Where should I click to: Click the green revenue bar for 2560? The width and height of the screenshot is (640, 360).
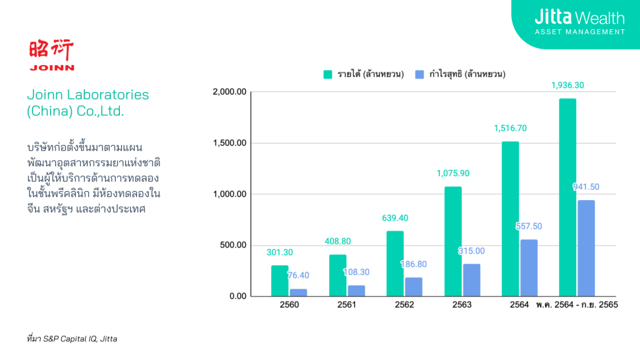[279, 281]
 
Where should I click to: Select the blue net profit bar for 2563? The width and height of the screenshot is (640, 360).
[472, 279]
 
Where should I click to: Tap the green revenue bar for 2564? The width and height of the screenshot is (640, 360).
[510, 219]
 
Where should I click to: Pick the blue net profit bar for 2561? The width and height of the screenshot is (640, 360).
[356, 291]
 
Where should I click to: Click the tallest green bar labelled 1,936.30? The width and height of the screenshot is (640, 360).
[567, 197]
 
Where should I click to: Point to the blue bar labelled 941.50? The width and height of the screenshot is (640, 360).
[586, 248]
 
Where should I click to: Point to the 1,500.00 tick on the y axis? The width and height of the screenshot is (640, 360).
[231, 143]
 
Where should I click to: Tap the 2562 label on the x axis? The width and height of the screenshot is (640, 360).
[404, 304]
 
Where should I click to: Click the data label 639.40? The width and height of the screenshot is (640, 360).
[395, 218]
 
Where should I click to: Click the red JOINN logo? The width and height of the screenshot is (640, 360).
[51, 56]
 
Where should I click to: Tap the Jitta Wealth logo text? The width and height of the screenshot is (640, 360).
[579, 17]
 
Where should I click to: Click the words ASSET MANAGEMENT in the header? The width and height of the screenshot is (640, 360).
[579, 31]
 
